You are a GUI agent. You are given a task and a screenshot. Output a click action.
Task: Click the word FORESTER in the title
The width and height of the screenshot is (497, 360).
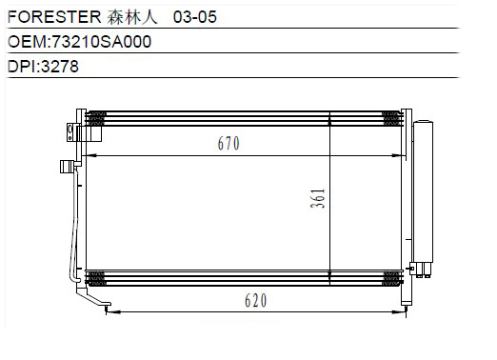(x=54, y=17)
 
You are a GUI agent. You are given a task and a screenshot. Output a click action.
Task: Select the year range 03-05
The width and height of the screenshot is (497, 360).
(x=195, y=17)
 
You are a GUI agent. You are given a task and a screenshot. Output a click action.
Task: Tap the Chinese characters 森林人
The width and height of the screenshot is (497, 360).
(x=132, y=17)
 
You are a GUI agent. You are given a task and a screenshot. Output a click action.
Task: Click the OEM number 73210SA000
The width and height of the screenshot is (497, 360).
(x=101, y=42)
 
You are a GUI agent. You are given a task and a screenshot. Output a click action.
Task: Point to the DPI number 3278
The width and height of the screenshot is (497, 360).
(x=60, y=67)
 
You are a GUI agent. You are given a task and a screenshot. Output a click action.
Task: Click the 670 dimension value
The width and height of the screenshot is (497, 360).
(x=229, y=143)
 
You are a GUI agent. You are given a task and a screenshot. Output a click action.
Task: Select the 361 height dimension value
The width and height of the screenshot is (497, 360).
(x=318, y=198)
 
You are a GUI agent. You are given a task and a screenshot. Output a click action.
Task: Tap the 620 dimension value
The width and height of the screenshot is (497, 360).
(x=256, y=300)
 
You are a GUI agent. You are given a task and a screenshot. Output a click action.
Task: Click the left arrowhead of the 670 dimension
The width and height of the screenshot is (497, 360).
(x=91, y=155)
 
